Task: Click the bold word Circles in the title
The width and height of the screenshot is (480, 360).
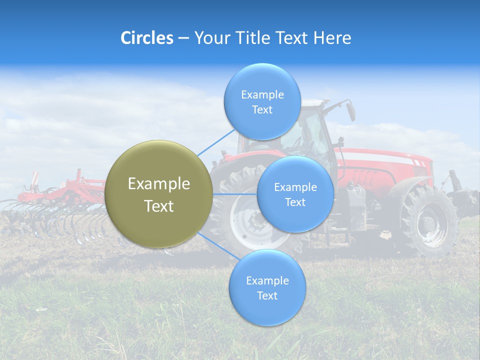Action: click(x=146, y=38)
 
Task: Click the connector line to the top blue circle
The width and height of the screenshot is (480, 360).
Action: click(x=216, y=142)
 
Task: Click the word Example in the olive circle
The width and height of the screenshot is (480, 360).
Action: click(x=158, y=184)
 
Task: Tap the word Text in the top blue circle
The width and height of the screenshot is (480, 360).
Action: click(x=262, y=110)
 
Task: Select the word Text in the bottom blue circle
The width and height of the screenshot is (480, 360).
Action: click(x=267, y=296)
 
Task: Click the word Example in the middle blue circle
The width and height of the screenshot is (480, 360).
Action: click(x=295, y=187)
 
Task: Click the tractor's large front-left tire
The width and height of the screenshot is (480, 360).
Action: click(x=240, y=220)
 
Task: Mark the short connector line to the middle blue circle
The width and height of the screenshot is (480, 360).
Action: click(x=234, y=194)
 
